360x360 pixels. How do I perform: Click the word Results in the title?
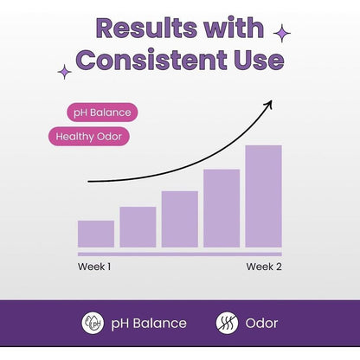pyautogui.click(x=146, y=28)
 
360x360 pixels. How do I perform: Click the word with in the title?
pyautogui.click(x=234, y=28)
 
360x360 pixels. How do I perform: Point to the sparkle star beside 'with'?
pyautogui.click(x=282, y=33)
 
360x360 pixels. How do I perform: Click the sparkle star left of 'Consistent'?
pyautogui.click(x=64, y=72)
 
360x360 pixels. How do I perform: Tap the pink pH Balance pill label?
pyautogui.click(x=102, y=112)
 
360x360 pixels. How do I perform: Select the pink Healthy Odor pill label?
pyautogui.click(x=89, y=137)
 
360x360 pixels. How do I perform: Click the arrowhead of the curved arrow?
pyautogui.click(x=269, y=103)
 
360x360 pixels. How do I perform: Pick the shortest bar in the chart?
pyautogui.click(x=96, y=234)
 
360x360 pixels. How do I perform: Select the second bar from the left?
pyautogui.click(x=138, y=227)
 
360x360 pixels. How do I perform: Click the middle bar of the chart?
pyautogui.click(x=180, y=219)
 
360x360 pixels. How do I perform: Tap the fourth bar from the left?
pyautogui.click(x=222, y=209)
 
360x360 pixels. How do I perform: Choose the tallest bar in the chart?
pyautogui.click(x=263, y=196)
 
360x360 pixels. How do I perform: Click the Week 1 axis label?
pyautogui.click(x=94, y=267)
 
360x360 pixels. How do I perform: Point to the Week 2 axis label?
pyautogui.click(x=264, y=267)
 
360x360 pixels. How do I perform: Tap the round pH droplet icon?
pyautogui.click(x=93, y=323)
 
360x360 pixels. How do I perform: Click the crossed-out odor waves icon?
pyautogui.click(x=227, y=323)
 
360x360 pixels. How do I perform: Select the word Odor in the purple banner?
pyautogui.click(x=261, y=324)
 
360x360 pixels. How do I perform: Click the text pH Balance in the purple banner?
pyautogui.click(x=149, y=324)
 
